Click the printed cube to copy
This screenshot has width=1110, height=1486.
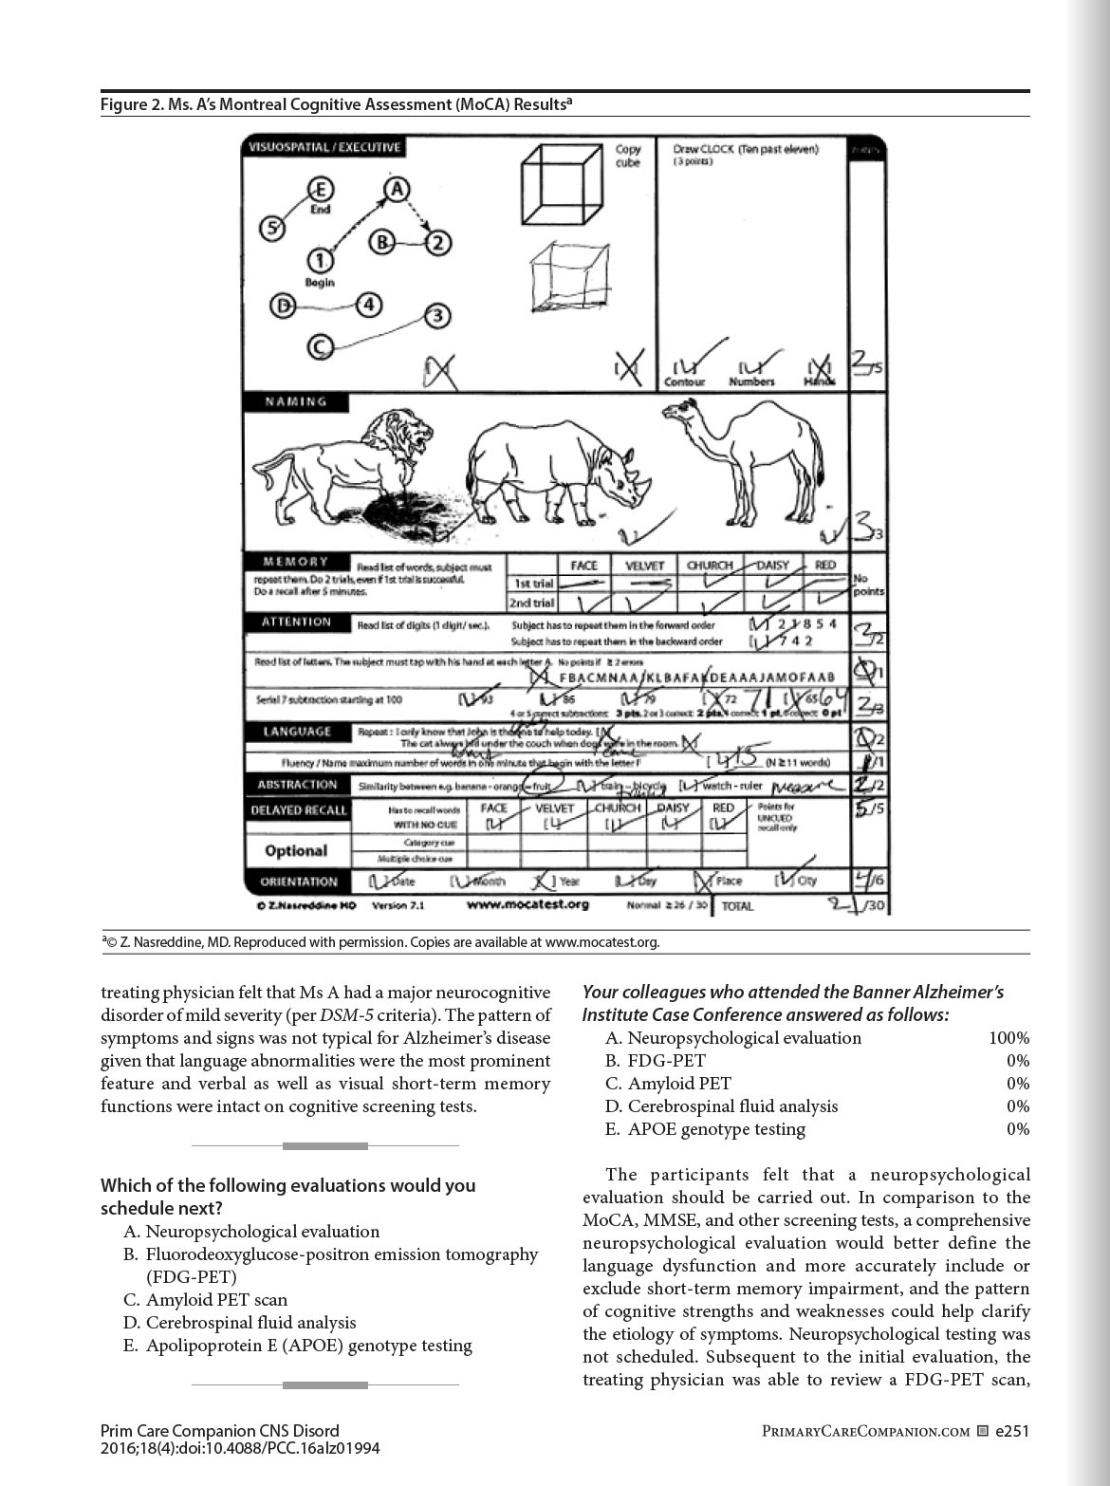point(561,184)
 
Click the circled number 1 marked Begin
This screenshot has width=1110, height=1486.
point(320,259)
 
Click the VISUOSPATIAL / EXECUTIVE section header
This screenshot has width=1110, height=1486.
point(324,147)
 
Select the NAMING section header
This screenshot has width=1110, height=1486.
point(296,401)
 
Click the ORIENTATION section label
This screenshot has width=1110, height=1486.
point(299,882)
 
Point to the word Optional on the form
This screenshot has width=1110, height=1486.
point(296,850)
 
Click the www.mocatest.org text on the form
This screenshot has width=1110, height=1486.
point(527,904)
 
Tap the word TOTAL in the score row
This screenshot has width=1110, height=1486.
point(737,906)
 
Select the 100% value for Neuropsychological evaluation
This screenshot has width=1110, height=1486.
point(1008,1038)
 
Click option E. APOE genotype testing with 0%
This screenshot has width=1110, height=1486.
point(706,1129)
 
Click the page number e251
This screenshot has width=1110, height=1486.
point(1012,1431)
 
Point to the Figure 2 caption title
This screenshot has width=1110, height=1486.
point(338,103)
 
